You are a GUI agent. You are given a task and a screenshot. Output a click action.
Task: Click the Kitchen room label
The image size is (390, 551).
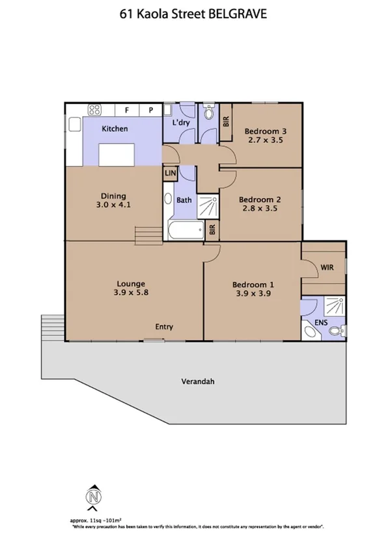coord(115,129)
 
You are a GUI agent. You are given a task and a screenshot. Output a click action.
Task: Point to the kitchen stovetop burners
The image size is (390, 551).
coord(94,110)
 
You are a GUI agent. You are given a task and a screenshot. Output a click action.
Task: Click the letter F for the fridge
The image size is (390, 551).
coord(128,110)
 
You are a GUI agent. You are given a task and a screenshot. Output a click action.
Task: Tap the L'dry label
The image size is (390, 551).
coord(180,123)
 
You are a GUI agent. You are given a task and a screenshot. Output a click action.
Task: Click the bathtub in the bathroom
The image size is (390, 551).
coord(185,231)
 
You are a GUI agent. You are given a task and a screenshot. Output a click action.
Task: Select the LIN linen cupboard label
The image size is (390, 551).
coord(170,173)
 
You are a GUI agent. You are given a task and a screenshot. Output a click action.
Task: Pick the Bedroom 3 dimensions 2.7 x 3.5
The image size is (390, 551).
coord(266,140)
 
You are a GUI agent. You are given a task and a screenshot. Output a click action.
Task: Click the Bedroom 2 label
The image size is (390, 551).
coord(260,199)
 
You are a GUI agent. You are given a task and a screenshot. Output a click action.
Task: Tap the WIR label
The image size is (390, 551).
coord(327,267)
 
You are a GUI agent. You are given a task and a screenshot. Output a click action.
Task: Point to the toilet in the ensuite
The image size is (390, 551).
coord(336,331)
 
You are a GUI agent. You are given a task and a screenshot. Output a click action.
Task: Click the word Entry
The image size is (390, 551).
coord(163,327)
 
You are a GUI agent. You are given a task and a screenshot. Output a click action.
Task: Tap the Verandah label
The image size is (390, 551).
coord(198,381)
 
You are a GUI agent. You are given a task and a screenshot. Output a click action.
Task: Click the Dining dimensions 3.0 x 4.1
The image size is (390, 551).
coord(113,205)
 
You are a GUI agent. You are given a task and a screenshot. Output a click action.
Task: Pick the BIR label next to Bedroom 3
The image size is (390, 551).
coord(226,121)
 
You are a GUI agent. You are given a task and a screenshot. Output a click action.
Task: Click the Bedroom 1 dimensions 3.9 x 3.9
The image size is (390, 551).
coord(254,293)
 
